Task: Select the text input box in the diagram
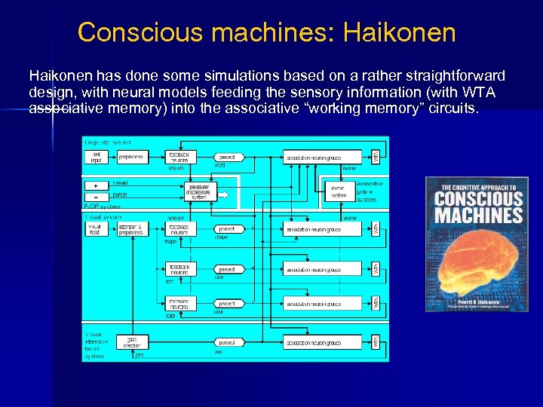click(97, 157)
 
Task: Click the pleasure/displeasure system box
click(200, 191)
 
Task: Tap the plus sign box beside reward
click(97, 184)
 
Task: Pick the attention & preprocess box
click(131, 228)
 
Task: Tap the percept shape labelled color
click(227, 304)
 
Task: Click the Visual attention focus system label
click(96, 345)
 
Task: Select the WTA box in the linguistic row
click(376, 157)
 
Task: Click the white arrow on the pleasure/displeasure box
click(222, 194)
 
